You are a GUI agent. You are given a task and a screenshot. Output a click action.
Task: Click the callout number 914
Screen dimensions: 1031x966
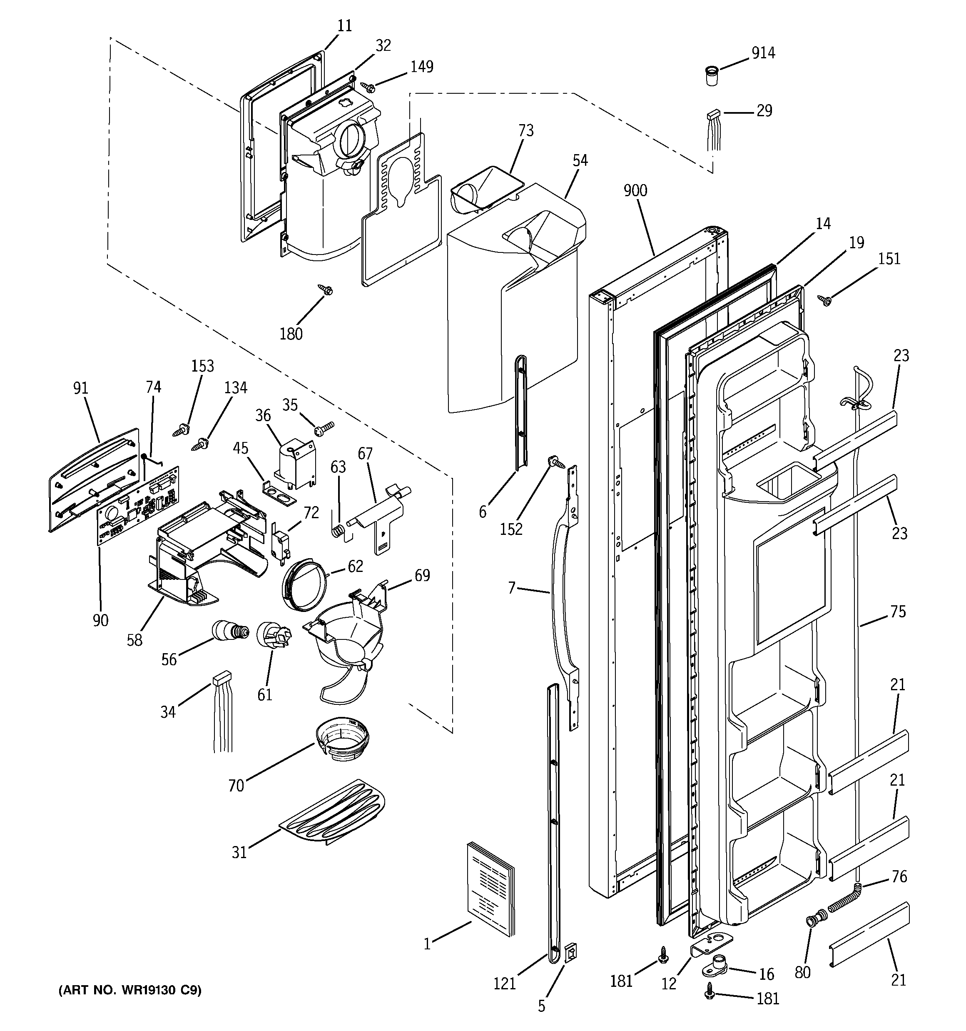[763, 53]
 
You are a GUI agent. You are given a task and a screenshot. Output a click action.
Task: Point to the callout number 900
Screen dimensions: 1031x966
[635, 191]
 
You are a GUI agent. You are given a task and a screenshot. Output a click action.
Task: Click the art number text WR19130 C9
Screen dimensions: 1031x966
[129, 990]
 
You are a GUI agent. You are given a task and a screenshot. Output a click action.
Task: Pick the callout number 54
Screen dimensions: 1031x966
[580, 160]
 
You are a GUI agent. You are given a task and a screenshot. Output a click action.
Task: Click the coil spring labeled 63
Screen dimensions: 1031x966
[339, 532]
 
